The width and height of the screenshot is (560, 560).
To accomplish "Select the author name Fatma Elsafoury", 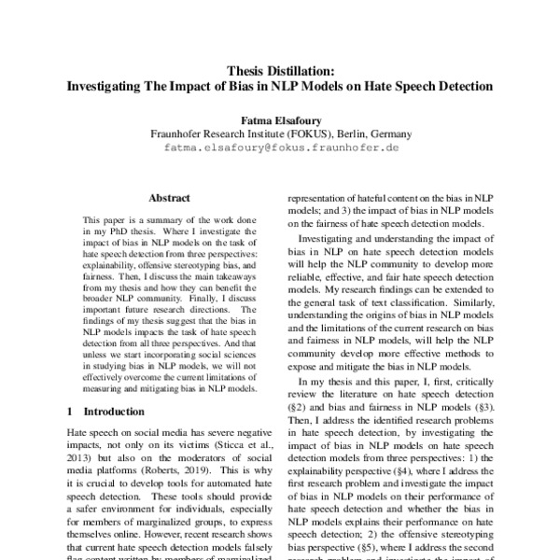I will pyautogui.click(x=280, y=119).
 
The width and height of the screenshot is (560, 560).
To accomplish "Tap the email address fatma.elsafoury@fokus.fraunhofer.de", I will pyautogui.click(x=280, y=147).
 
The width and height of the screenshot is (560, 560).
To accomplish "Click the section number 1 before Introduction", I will pyautogui.click(x=72, y=412).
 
